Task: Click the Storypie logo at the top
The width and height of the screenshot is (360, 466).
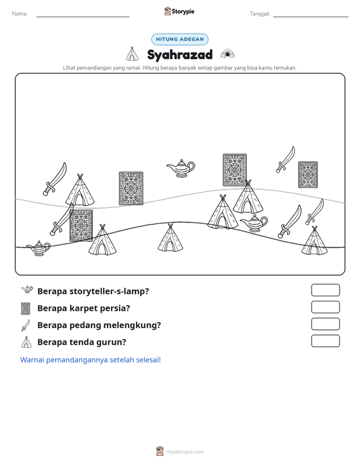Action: pos(179,11)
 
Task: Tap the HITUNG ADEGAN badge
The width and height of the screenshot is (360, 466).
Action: pos(180,39)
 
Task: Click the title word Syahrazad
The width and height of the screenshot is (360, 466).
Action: pos(180,55)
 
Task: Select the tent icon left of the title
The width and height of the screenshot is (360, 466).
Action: pos(132,54)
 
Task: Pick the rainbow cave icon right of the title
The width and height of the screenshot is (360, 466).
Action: pos(228,54)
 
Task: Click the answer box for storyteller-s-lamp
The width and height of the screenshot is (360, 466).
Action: pos(325,290)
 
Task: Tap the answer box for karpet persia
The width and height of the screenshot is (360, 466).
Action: pos(325,307)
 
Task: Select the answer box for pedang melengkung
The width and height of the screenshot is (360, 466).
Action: pos(325,324)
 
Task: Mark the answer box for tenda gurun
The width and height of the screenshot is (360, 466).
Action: pos(325,341)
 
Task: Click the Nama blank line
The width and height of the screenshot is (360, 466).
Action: pos(83,17)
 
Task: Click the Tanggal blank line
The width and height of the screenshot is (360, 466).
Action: pos(310,17)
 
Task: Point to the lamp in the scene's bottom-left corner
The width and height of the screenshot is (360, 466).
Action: pos(39,248)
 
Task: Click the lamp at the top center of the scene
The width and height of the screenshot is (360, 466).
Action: pos(181,168)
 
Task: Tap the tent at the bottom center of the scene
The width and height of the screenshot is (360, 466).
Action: pos(170,238)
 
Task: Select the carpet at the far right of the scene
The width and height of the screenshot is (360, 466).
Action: pos(308,175)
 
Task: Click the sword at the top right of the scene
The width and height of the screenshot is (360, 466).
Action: pos(286,160)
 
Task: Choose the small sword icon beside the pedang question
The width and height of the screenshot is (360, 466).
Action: pos(25,326)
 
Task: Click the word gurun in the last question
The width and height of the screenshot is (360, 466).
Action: pos(113,342)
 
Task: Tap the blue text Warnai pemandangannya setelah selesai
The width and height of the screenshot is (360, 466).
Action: pos(90,360)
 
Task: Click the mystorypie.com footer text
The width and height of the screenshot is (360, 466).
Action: pos(185,452)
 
